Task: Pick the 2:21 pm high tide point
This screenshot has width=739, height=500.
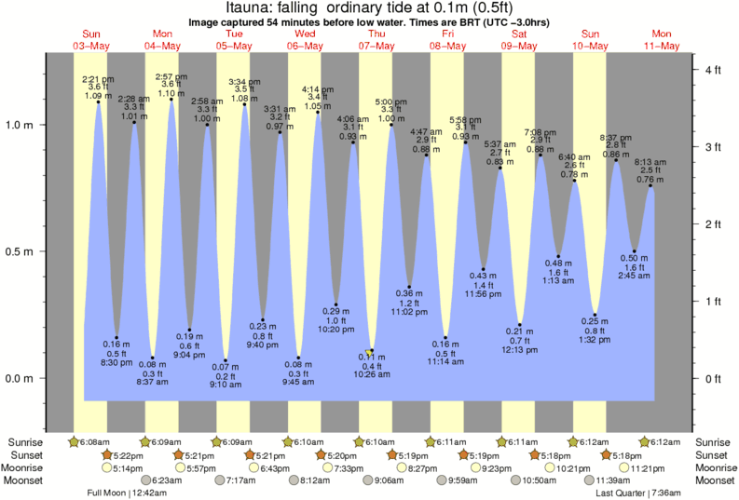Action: coord(99,101)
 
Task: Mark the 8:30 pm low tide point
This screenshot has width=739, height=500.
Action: coord(116,337)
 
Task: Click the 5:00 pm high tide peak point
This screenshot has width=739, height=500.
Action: coord(390,124)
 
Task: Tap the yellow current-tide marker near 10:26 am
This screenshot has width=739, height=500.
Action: coord(371,351)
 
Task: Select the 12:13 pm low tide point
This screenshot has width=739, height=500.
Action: coord(520,325)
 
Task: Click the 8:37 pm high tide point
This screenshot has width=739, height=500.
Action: coord(616,160)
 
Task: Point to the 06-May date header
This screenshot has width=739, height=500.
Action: coord(305,46)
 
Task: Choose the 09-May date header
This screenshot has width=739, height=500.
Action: coord(519,46)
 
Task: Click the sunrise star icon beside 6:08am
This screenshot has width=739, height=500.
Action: coord(75,441)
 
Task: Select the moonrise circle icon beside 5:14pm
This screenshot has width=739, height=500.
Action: coord(107,468)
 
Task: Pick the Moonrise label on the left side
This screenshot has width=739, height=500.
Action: coord(28,468)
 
